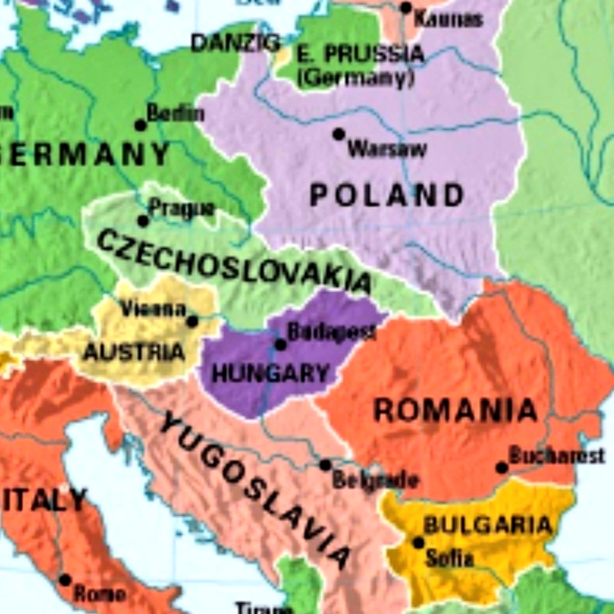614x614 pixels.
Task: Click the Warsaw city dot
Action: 339,134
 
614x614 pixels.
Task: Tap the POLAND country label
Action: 387,195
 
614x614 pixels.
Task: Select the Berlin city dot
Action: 140,125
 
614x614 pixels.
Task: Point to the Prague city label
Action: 181,209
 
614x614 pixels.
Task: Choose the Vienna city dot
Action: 192,321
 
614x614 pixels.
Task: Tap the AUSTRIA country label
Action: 134,352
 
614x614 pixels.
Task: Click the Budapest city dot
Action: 280,344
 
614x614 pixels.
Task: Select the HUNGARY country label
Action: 270,374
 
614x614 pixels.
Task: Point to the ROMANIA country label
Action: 455,411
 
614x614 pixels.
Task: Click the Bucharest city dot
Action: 502,467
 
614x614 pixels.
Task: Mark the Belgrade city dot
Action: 325,465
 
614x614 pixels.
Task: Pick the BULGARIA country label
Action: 487,525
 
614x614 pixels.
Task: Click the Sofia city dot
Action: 419,543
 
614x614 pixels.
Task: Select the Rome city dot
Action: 65,580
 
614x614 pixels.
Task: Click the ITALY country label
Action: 44,499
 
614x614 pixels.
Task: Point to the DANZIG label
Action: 235,43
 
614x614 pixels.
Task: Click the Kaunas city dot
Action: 406,8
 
